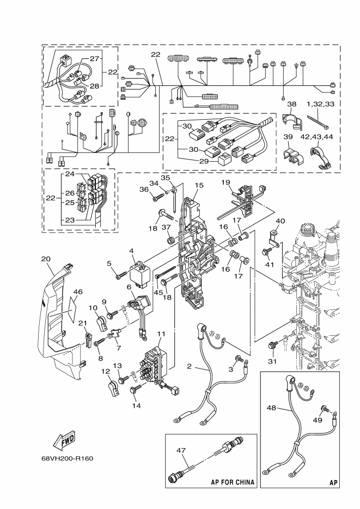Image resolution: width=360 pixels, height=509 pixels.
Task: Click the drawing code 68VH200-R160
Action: tap(67, 458)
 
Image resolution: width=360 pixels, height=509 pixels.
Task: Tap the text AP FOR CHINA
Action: tap(233, 482)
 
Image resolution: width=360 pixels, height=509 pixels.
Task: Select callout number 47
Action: tap(181, 450)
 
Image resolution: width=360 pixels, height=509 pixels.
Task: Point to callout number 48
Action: tap(271, 407)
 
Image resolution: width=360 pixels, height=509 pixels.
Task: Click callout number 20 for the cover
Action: tap(46, 259)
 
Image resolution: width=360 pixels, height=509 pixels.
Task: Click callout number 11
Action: tap(161, 333)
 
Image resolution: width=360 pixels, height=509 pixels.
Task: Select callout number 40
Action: tap(280, 221)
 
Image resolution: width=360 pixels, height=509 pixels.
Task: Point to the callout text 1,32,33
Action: tap(320, 104)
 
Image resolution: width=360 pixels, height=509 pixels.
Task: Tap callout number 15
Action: tap(199, 185)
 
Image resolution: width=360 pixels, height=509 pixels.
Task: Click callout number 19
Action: tap(225, 182)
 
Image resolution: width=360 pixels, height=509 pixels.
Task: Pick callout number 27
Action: tap(94, 58)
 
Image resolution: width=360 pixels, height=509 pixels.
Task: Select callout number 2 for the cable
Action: tap(189, 366)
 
